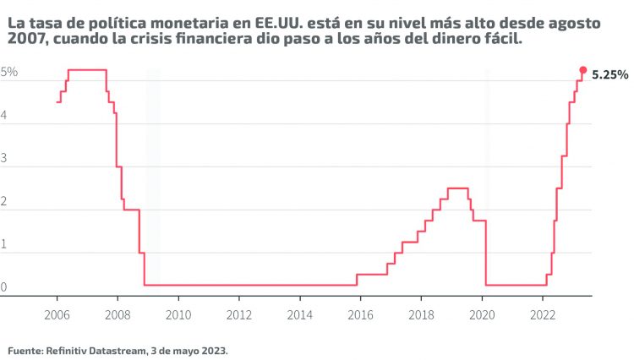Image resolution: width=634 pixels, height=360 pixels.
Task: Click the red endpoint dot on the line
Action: coord(582,70)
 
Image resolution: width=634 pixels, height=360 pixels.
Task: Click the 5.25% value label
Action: coord(609,75)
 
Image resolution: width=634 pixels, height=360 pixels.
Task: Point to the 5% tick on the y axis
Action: coord(9,73)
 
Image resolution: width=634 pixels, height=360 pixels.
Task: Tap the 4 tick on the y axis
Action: coord(5,117)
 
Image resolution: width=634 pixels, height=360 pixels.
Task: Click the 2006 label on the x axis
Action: coord(57,314)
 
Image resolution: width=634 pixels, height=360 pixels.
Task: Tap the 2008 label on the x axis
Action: coord(118,314)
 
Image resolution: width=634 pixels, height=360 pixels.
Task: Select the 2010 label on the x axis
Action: coord(178,314)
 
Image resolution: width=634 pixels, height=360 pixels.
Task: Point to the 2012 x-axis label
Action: coord(239,314)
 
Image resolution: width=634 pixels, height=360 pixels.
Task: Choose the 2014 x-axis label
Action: coord(300,314)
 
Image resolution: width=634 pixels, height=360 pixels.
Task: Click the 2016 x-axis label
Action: coord(361,314)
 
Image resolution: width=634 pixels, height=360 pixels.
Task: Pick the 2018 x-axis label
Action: coord(422,314)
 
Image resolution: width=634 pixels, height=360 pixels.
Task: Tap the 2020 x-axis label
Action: coord(483,314)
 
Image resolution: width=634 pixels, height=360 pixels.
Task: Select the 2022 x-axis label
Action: coord(544,314)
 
